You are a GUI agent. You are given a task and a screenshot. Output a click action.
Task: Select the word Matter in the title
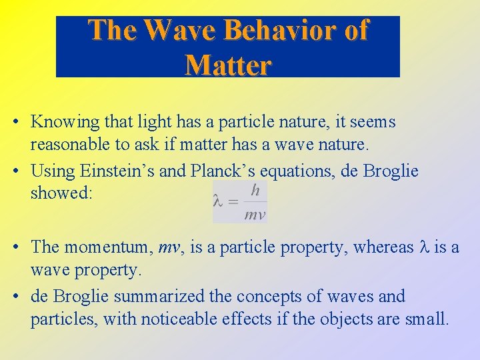228,65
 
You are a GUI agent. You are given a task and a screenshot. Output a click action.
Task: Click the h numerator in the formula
255,190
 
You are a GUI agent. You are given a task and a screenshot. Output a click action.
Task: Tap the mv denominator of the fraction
255,214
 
